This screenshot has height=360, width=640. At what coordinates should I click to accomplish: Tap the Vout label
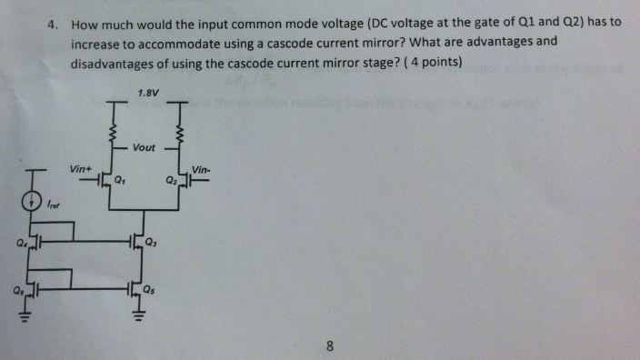point(144,147)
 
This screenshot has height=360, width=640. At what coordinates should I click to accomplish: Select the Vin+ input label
point(82,169)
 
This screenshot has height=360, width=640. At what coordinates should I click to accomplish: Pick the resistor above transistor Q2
point(180,135)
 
